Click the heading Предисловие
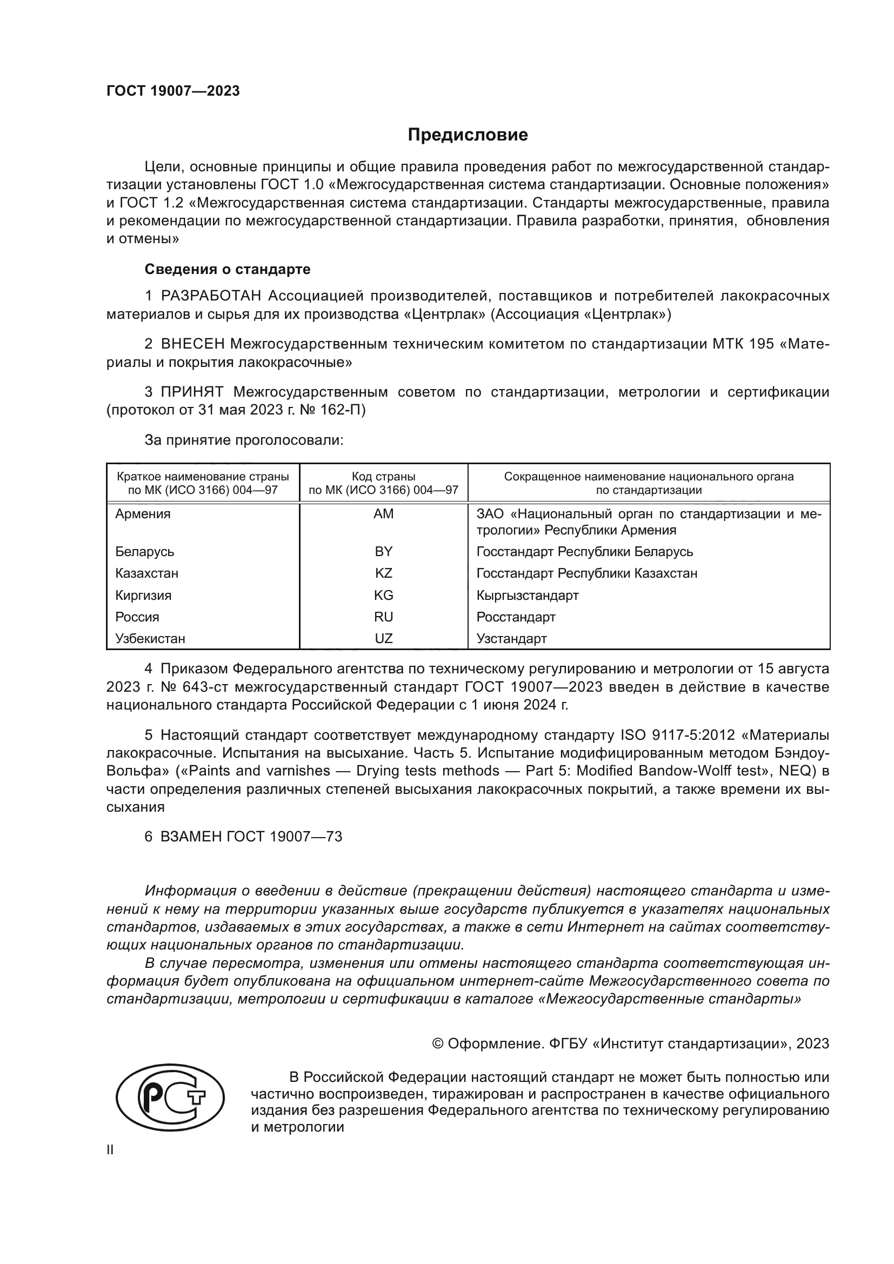pos(468,135)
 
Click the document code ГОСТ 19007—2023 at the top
pos(173,91)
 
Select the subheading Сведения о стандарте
pos(228,269)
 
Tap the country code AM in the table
pos(383,513)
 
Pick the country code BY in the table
pos(383,551)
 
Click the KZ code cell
pos(383,573)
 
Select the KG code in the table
pos(383,595)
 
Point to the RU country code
pos(383,617)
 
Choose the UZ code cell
pos(383,639)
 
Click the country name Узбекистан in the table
pos(150,639)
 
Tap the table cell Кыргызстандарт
pos(528,595)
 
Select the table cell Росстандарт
pos(516,617)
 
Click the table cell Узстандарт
pos(511,639)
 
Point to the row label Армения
pos(143,513)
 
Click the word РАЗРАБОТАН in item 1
pos(211,296)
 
